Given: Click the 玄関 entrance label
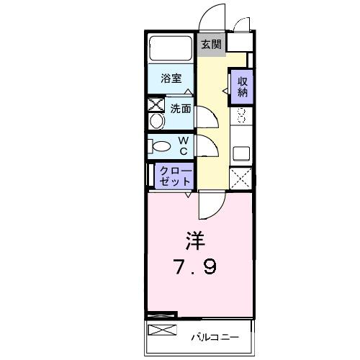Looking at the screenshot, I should [x=211, y=45].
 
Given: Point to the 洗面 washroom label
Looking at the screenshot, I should [x=180, y=109].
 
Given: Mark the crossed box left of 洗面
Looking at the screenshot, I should [x=156, y=104].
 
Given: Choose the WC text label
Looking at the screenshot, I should [x=184, y=145].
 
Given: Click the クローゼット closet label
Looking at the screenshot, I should [x=175, y=175].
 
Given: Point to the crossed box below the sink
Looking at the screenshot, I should [x=241, y=177].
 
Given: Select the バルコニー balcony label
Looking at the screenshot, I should [x=214, y=336].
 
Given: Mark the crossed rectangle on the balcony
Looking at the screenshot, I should [x=162, y=330].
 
